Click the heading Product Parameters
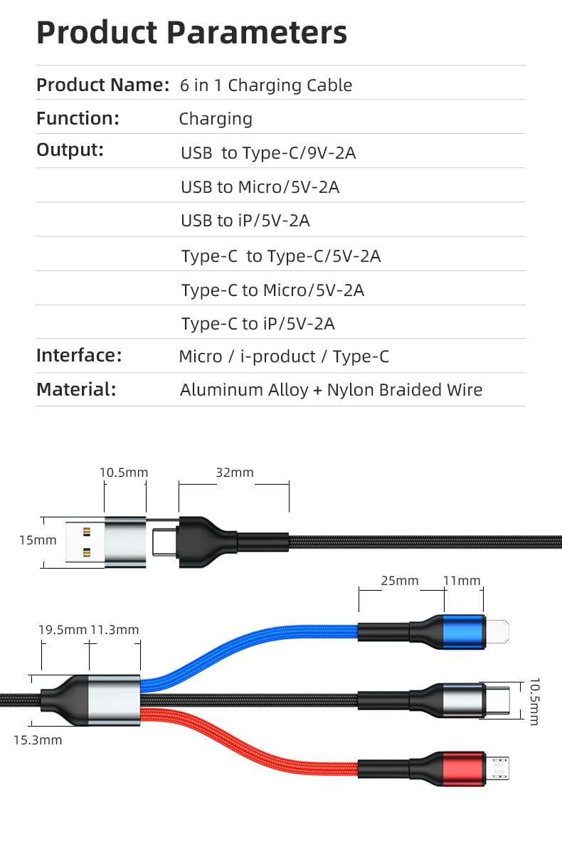[191, 33]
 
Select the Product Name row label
[102, 85]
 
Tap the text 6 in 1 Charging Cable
[266, 85]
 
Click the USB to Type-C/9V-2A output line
[268, 153]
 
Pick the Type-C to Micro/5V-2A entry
[272, 290]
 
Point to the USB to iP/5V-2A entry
[245, 221]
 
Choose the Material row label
[75, 389]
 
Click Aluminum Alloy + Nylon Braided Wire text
[331, 390]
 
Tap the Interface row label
[79, 355]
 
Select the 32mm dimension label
[234, 473]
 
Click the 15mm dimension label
[38, 540]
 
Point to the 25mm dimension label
[400, 581]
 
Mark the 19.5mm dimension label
[62, 630]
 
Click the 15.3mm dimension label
[38, 740]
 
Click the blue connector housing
[463, 631]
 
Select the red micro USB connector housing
[464, 768]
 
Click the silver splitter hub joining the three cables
[113, 700]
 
